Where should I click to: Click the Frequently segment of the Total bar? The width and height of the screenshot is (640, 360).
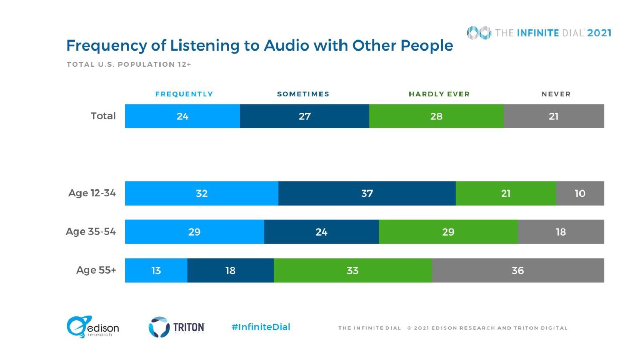coord(182,116)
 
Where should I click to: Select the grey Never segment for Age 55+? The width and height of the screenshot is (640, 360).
coord(518,270)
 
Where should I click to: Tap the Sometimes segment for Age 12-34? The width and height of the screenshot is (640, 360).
coord(367,193)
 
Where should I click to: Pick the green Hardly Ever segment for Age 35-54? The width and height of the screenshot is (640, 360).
coord(448,232)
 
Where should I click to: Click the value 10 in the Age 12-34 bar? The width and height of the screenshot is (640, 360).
coord(580,194)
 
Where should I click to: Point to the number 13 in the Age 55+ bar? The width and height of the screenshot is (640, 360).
coord(156,271)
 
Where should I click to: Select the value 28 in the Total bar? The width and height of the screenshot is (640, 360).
coord(436,116)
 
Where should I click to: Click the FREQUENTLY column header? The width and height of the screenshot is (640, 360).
coord(184,94)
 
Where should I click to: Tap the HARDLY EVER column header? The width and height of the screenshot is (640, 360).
coord(439,94)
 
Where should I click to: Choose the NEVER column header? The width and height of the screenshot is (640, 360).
coord(556,94)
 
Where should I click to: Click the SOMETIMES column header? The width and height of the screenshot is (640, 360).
coord(303,94)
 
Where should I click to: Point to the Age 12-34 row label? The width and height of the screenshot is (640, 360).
coord(92,193)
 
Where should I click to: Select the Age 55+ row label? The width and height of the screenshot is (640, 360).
coord(96,270)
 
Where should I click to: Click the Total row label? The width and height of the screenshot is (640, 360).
coord(103,116)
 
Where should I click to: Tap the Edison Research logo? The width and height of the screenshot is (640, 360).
coord(92,327)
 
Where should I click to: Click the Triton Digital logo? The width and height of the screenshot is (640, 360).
coord(176,327)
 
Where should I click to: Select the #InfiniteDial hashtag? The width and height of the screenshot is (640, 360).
coord(261,327)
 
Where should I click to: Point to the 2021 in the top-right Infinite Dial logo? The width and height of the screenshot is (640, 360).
coord(599,33)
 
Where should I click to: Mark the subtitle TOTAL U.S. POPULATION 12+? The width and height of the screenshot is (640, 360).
coord(129,64)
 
